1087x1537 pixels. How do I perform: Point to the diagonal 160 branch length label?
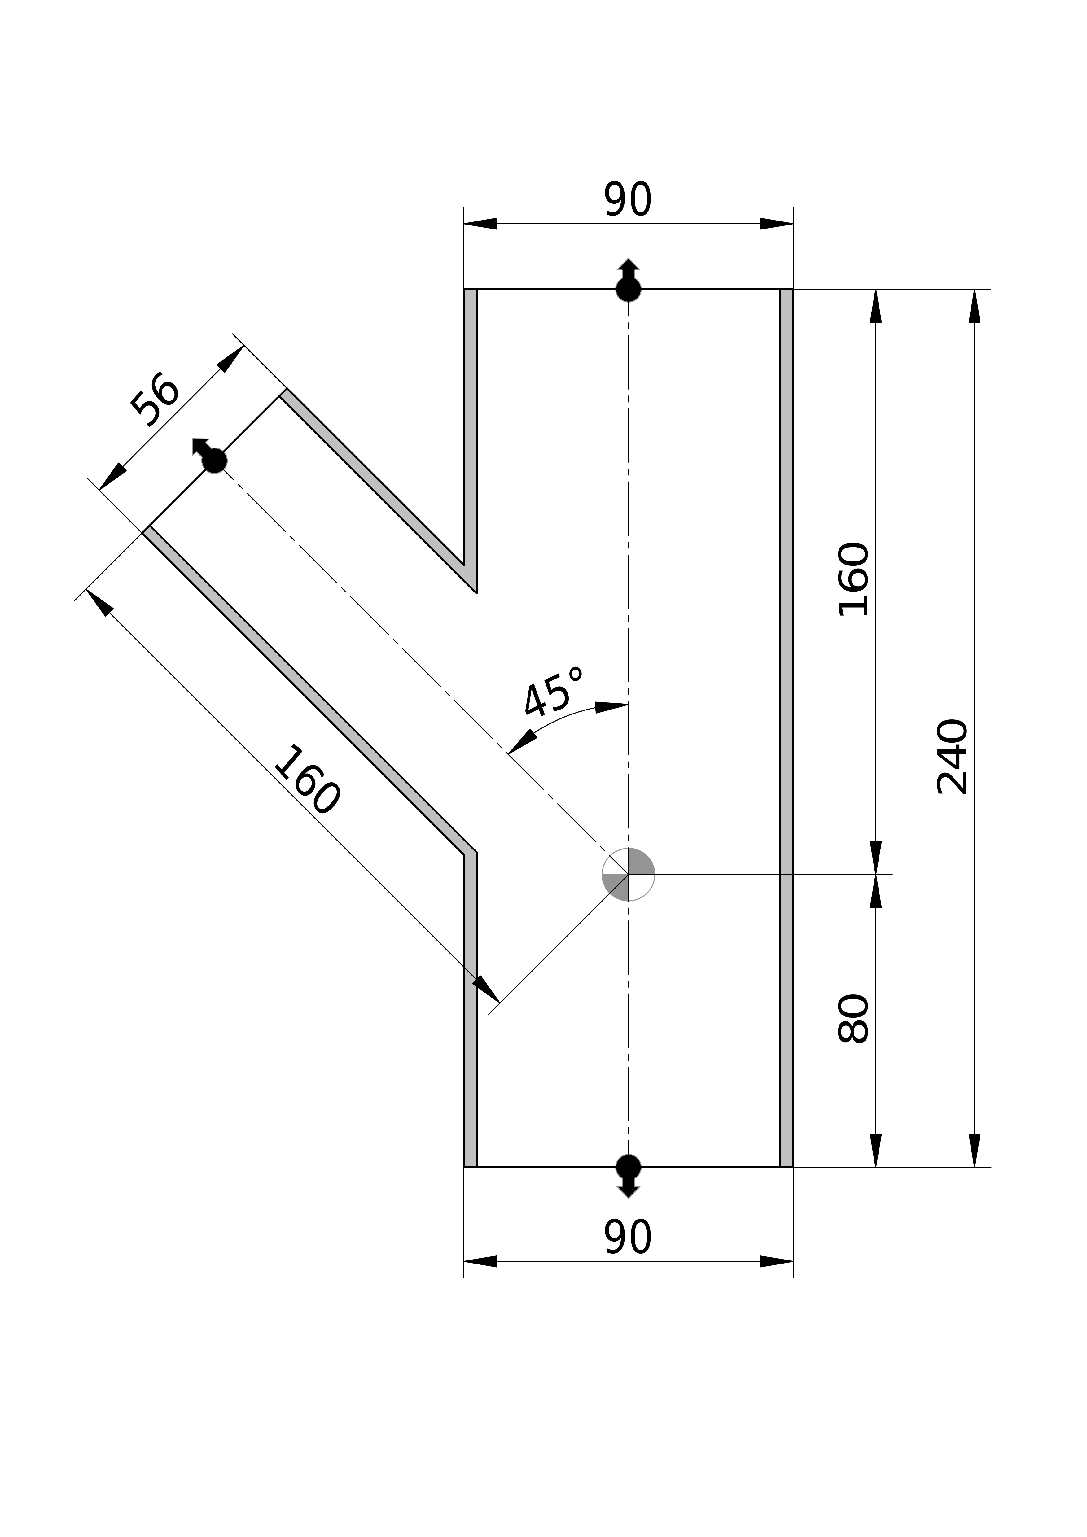pyautogui.click(x=308, y=780)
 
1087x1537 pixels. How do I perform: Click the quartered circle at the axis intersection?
pyautogui.click(x=628, y=874)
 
